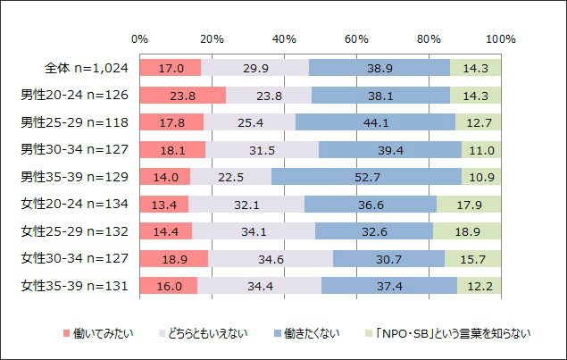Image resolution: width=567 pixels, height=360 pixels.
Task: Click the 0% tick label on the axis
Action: coord(139,39)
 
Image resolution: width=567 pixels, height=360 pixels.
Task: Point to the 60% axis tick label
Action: coord(356,39)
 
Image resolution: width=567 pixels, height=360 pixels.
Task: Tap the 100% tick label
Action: coord(500,39)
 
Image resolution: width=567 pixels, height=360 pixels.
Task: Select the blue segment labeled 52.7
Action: coord(366,177)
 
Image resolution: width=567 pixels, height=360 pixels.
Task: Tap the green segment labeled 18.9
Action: coord(467,231)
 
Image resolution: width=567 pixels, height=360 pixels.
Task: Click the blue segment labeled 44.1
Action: coord(375,122)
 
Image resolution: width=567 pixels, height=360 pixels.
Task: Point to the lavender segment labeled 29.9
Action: coord(254,68)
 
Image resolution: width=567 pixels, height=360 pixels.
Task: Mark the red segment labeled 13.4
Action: coord(163,204)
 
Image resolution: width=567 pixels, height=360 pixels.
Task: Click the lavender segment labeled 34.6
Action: coord(271,258)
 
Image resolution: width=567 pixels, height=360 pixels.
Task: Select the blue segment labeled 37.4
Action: coord(389,286)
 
